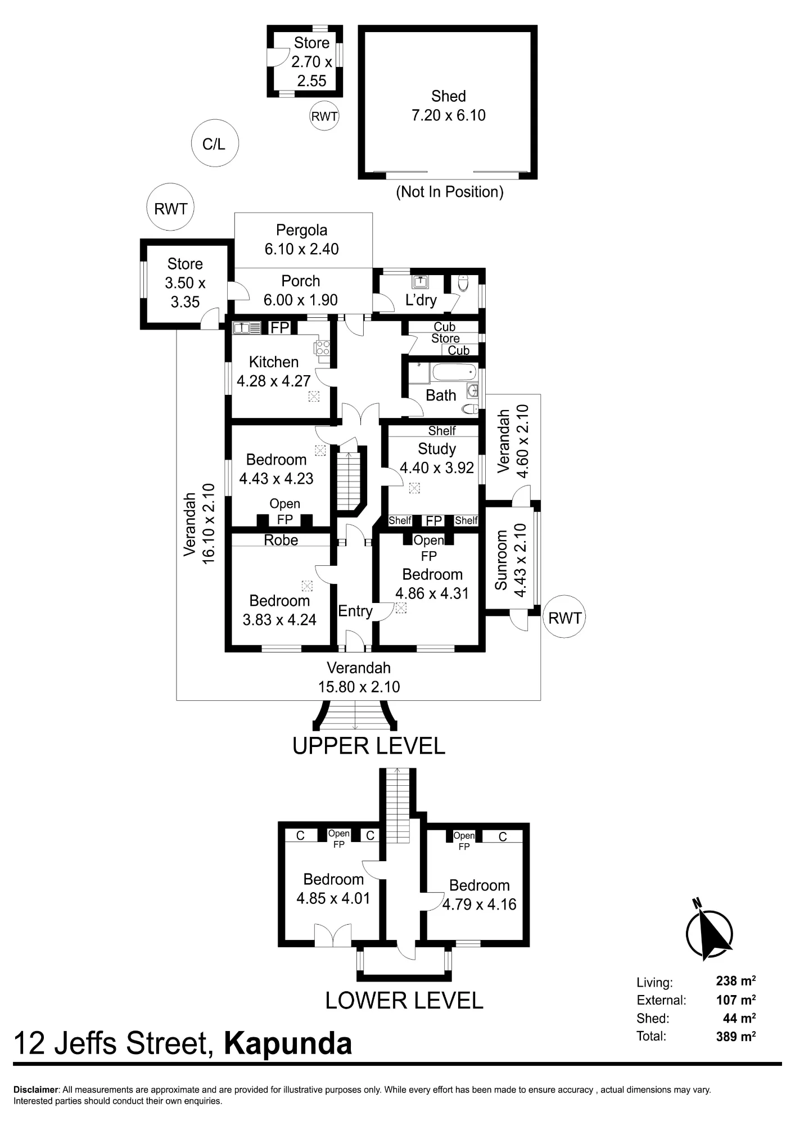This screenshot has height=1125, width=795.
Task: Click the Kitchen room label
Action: point(274,362)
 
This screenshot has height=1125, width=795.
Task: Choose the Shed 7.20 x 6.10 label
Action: point(449,106)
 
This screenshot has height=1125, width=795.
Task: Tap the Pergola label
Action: point(302,230)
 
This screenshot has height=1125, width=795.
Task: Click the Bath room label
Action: point(441,395)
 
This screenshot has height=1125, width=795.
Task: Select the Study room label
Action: point(437,449)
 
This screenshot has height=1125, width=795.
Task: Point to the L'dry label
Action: point(421,300)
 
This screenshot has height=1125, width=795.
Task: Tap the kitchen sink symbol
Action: point(247,327)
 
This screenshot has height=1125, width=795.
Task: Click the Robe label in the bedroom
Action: point(281,540)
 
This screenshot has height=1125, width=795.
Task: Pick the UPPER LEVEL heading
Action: point(369,746)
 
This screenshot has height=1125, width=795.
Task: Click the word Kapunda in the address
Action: point(288,1043)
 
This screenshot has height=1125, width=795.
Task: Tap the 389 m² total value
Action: point(736,1036)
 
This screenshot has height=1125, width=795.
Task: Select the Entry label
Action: point(355,611)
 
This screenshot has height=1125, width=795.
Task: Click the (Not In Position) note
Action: point(450,192)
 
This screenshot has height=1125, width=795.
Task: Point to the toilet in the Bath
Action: point(470,409)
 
